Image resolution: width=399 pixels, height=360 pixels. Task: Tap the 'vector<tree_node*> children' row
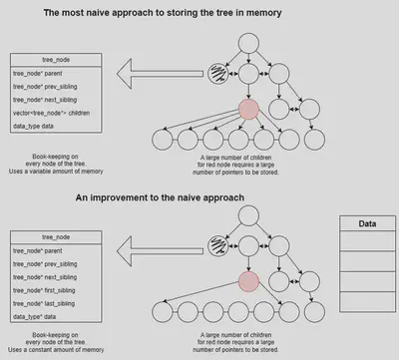50,113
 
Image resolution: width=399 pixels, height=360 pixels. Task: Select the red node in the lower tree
247,283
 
